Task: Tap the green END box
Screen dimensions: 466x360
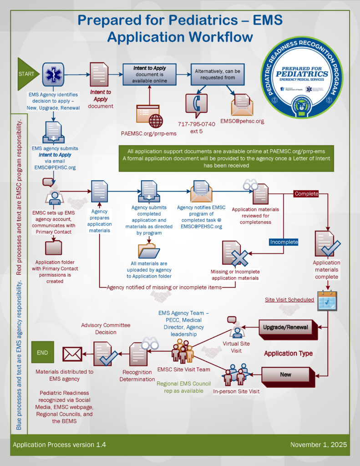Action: coord(42,352)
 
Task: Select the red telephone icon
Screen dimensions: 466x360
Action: coord(196,105)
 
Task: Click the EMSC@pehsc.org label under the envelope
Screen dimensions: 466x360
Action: coord(242,122)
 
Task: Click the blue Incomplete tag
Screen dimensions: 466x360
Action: coord(284,242)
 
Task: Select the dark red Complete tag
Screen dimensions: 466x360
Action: coord(306,193)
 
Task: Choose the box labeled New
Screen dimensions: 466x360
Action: coord(286,375)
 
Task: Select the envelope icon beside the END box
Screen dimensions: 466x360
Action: coord(72,354)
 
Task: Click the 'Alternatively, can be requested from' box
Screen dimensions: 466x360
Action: coord(218,74)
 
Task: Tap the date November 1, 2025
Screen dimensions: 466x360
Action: coord(319,444)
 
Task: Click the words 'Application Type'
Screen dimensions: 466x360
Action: coord(288,353)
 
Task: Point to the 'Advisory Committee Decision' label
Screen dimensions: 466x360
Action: coord(106,328)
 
